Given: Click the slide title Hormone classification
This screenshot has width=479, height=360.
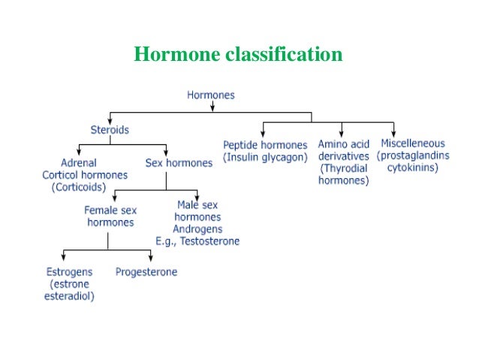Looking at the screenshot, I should click(238, 55).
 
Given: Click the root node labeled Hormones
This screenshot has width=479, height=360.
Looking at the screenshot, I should click(210, 95).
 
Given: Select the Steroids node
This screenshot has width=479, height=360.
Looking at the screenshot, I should click(110, 129).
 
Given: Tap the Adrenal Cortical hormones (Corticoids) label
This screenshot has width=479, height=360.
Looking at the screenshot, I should click(85, 174).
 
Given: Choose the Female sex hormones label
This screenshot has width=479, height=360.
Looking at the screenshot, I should click(109, 216).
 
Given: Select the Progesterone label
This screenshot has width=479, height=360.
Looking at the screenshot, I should click(146, 272).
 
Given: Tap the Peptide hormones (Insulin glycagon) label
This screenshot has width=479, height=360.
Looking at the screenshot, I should click(265, 150).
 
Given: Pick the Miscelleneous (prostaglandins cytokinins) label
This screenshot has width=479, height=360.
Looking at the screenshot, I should click(412, 156).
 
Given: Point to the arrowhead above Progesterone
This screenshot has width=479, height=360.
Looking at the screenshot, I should click(151, 260).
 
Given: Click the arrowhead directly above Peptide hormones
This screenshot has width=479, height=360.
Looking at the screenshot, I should click(263, 133).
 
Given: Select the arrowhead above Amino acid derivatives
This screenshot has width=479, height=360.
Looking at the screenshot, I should click(342, 133).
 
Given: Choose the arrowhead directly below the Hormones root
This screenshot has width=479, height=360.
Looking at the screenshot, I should click(212, 107).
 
